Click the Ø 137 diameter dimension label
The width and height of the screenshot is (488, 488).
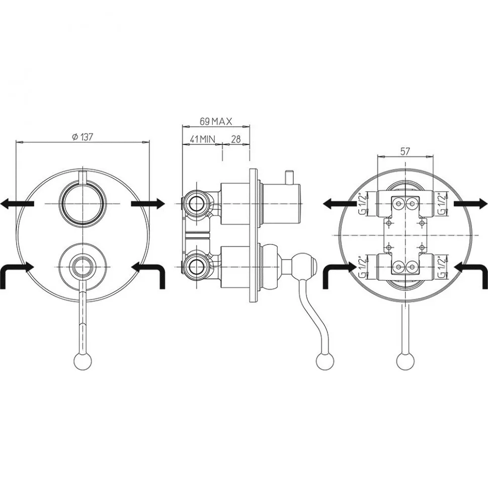pos(83,137)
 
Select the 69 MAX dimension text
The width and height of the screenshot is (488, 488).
pos(216,121)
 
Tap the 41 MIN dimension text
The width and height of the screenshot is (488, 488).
pos(203,139)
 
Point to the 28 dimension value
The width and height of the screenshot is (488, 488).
pos(236,139)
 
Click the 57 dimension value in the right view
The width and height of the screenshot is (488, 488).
pos(405,151)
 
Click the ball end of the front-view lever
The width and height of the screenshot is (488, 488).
pos(83,362)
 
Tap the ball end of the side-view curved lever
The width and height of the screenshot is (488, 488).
pos(324,362)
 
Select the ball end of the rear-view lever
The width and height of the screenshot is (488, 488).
pos(405,362)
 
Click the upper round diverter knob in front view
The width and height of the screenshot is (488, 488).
pos(83,204)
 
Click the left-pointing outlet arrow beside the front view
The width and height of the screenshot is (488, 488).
pos(17,204)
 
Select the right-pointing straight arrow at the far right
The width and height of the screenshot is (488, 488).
pos(470,204)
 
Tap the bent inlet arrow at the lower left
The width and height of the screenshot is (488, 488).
pos(17,275)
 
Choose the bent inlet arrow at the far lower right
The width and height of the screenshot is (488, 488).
pos(470,275)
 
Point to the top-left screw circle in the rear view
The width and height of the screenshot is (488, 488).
pos(398,203)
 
